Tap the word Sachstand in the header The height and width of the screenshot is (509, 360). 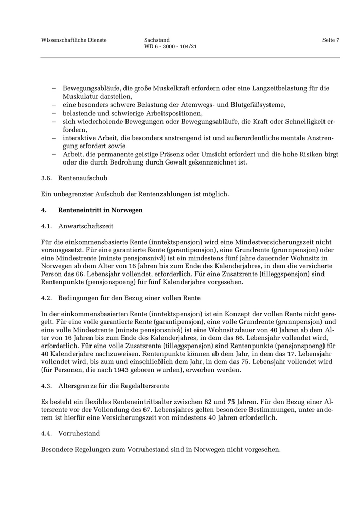click(x=157, y=40)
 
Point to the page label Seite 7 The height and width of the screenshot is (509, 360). click(x=331, y=40)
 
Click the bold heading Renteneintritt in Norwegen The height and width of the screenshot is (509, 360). click(x=100, y=210)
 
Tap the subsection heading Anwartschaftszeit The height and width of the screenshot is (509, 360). click(x=86, y=226)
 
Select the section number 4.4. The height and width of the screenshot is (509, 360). click(x=46, y=434)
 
